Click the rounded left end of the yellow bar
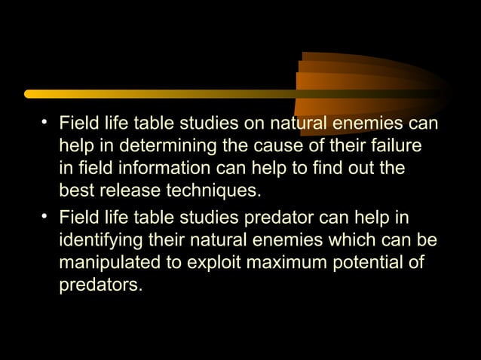pos(29,94)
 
